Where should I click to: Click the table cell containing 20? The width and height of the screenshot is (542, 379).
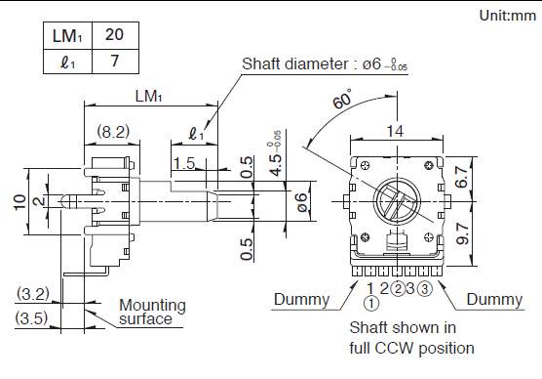[x=115, y=35]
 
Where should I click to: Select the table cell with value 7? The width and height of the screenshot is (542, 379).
[x=115, y=62]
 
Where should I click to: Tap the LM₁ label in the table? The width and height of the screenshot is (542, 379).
[x=67, y=36]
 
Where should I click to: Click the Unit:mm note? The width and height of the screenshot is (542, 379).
[x=508, y=16]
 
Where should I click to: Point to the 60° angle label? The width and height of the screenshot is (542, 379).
[x=342, y=99]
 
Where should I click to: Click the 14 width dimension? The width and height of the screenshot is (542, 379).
[x=395, y=131]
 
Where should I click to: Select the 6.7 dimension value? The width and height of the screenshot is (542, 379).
[x=462, y=177]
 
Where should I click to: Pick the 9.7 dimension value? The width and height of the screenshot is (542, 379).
[x=462, y=233]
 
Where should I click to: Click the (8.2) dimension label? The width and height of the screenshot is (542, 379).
[x=113, y=132]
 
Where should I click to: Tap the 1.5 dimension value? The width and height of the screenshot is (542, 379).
[x=184, y=163]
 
